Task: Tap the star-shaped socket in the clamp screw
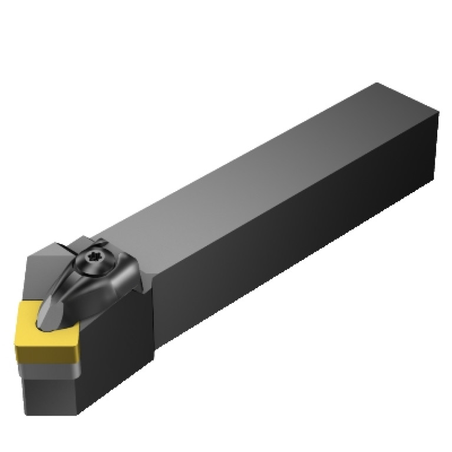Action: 94,257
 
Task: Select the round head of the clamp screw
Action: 95,259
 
